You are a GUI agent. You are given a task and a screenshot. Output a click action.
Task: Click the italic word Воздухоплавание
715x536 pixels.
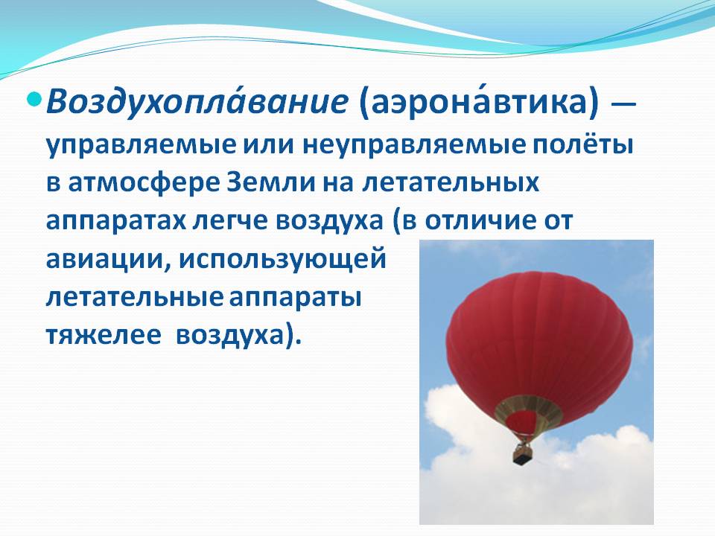pos(197,103)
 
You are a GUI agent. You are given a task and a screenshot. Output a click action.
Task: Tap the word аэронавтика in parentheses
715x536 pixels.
pos(478,103)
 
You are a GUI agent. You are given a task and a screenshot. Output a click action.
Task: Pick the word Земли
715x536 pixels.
pos(271,183)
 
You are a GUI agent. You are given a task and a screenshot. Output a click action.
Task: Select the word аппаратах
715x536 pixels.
pos(116,222)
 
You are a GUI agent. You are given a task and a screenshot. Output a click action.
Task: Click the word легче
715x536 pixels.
pos(230,222)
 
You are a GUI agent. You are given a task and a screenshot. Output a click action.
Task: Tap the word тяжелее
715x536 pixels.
pos(104,336)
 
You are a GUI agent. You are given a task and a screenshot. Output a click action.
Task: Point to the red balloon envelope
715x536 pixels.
pos(539,337)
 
